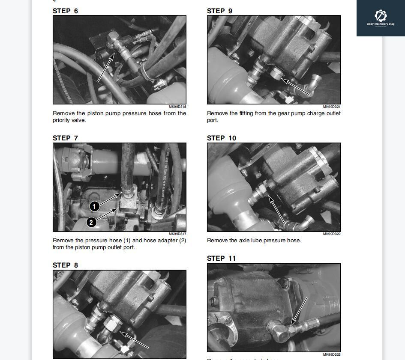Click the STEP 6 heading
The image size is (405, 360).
pos(65,11)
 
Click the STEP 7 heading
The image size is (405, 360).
pos(65,138)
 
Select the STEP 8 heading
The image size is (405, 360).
pos(65,265)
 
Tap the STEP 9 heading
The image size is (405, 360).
pos(219,11)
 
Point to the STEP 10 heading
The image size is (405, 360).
pos(221,138)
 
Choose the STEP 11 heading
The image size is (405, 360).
pos(221,258)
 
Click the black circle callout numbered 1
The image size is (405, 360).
pos(94,206)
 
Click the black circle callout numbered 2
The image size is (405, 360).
pos(91,222)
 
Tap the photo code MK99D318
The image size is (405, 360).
pos(177,107)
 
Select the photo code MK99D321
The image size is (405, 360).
pos(332,107)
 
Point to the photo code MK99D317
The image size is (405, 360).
pos(177,234)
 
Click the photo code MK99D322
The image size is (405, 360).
pos(332,234)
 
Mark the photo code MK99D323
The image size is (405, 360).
pos(332,354)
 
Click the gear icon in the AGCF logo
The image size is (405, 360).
pos(381,15)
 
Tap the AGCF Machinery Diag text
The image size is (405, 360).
pos(381,24)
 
